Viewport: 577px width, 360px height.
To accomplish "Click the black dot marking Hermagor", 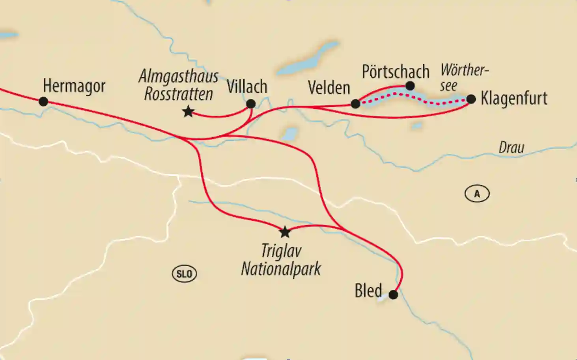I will pyautogui.click(x=43, y=101).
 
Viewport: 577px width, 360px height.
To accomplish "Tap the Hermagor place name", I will pyautogui.click(x=74, y=86).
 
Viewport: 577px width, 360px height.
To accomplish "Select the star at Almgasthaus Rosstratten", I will pyautogui.click(x=188, y=112).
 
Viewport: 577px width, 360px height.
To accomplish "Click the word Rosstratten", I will pyautogui.click(x=178, y=94).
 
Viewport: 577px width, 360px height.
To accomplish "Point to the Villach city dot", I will pyautogui.click(x=251, y=104).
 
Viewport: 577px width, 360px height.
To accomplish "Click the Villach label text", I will pyautogui.click(x=247, y=87).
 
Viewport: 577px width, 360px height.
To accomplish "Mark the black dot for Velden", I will pyautogui.click(x=355, y=104).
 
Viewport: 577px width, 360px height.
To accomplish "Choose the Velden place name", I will pyautogui.click(x=329, y=88).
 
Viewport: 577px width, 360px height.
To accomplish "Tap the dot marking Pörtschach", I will pyautogui.click(x=410, y=86).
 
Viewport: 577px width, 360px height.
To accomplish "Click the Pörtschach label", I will pyautogui.click(x=395, y=72).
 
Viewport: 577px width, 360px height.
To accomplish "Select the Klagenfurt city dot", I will pyautogui.click(x=471, y=99).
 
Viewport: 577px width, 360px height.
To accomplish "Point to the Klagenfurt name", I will pyautogui.click(x=514, y=98).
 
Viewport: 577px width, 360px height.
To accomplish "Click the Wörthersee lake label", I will pyautogui.click(x=464, y=77).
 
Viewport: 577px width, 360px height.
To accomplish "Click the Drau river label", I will pyautogui.click(x=511, y=147).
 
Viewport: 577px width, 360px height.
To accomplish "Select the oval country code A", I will pyautogui.click(x=477, y=194).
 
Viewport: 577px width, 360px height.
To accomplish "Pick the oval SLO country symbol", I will pyautogui.click(x=184, y=274).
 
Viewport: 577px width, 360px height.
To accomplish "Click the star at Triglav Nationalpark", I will pyautogui.click(x=284, y=232).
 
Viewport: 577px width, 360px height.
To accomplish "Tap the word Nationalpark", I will pyautogui.click(x=281, y=269).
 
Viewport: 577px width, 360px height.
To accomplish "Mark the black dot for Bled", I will pyautogui.click(x=393, y=295).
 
